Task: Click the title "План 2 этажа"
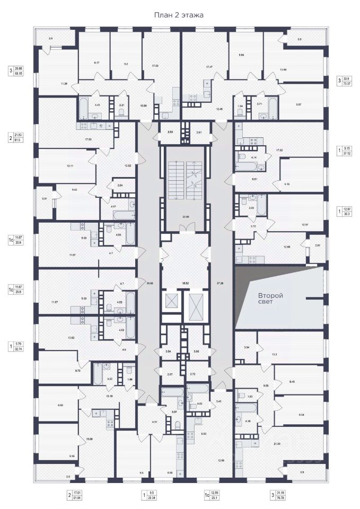click(x=179, y=15)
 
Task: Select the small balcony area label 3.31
click(x=44, y=199)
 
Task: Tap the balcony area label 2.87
click(x=318, y=246)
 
